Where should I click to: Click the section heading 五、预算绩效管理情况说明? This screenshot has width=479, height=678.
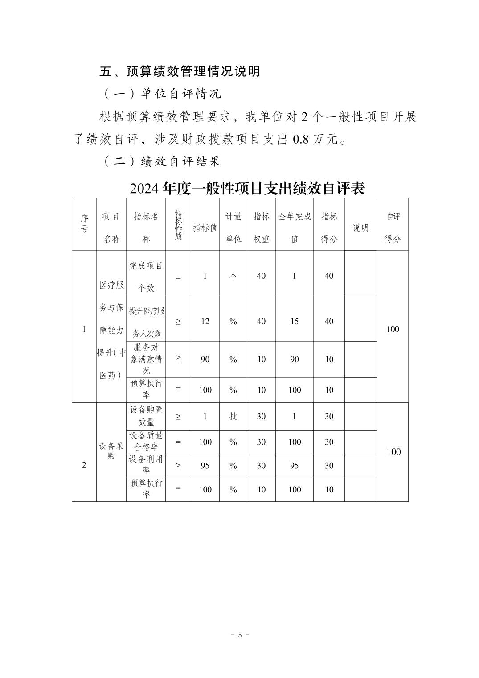click(180, 71)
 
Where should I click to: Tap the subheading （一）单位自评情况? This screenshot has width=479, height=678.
click(163, 94)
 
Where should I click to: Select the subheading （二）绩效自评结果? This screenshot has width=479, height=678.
click(163, 161)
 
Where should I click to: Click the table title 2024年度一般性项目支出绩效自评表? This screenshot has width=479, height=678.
click(247, 189)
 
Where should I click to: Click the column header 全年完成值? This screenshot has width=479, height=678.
click(295, 227)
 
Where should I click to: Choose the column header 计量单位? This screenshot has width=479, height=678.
click(233, 227)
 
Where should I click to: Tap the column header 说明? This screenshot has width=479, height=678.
click(360, 228)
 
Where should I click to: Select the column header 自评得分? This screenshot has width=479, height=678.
click(393, 227)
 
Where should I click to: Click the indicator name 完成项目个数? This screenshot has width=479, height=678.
click(146, 277)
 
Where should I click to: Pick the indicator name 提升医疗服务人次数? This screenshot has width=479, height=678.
click(146, 322)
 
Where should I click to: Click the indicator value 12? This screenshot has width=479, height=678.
click(205, 321)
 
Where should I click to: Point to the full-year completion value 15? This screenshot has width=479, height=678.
click(295, 321)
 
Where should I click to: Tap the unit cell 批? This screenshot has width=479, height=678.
click(233, 416)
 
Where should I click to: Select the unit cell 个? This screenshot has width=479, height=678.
click(233, 277)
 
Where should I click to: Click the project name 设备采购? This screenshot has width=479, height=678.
click(111, 451)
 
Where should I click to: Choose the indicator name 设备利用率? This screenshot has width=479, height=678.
click(146, 465)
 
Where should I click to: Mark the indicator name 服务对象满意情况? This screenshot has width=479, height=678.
click(146, 359)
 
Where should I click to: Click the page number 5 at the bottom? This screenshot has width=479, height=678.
click(240, 635)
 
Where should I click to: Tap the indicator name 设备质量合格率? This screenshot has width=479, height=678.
click(146, 441)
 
